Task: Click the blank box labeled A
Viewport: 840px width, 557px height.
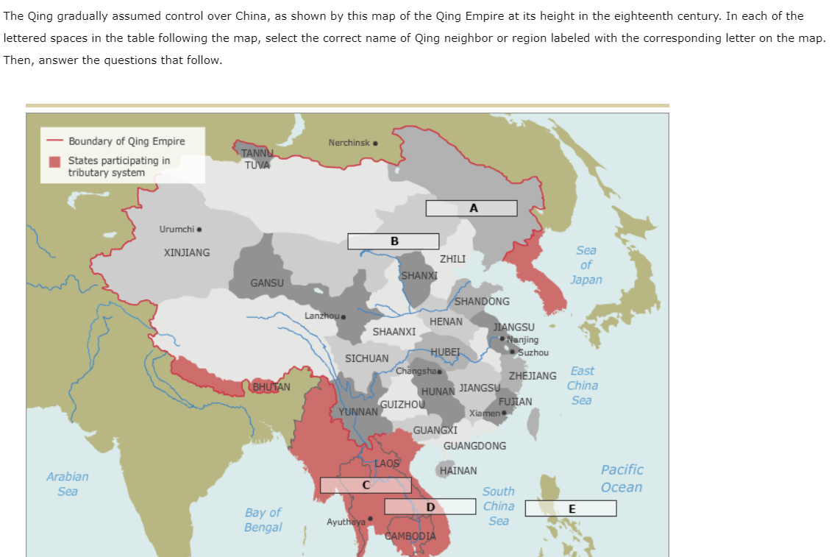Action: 471,208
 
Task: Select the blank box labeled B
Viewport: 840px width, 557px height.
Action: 394,241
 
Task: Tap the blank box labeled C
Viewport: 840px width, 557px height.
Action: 366,485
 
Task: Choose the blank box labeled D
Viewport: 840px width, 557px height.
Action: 430,506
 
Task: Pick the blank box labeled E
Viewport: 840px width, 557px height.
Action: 571,508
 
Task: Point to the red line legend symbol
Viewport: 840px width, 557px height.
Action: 54,141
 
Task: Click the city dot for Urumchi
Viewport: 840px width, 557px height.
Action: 199,229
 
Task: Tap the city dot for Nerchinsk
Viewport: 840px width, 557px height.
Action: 376,143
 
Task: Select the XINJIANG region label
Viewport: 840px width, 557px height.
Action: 186,252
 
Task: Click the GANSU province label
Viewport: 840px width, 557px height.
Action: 266,283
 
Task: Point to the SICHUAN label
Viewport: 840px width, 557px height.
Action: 366,358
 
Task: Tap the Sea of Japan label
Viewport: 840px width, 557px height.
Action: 585,265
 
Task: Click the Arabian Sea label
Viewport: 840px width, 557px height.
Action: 67,483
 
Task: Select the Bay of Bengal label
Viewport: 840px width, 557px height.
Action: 263,519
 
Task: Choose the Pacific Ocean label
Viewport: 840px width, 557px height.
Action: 622,478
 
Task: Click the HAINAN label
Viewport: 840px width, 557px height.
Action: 458,470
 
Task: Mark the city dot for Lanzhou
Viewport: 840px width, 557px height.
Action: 344,316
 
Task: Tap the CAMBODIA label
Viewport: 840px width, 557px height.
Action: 410,536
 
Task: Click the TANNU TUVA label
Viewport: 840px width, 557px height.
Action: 257,158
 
